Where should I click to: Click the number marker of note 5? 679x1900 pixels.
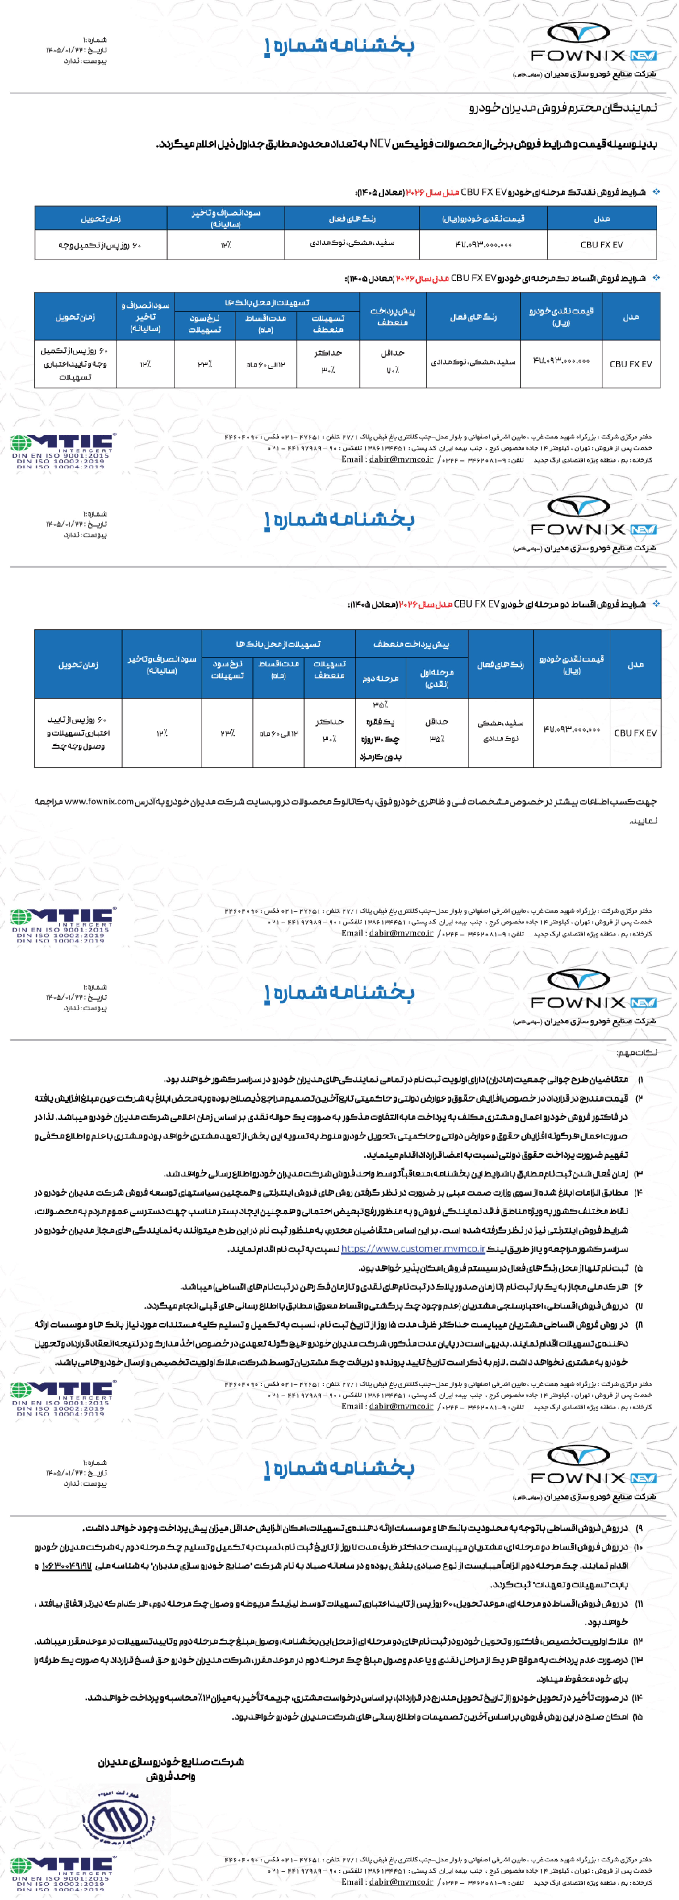point(639,1268)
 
